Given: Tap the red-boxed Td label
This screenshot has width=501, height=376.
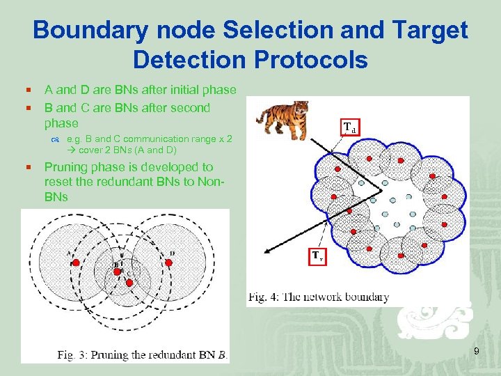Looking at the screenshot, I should point(349,127).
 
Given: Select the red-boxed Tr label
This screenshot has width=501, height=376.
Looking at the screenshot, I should point(317,256).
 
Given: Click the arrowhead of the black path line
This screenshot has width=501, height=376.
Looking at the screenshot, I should point(264,251).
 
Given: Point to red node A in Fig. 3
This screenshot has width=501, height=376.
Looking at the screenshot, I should point(76,263).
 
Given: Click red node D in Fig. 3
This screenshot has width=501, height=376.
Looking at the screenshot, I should point(169,263).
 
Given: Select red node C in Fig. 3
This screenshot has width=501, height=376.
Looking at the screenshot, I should point(129,283).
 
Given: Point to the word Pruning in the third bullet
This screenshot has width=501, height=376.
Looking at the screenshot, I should point(64,167).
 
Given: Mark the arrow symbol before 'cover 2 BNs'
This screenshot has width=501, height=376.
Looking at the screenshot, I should point(72,150).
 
